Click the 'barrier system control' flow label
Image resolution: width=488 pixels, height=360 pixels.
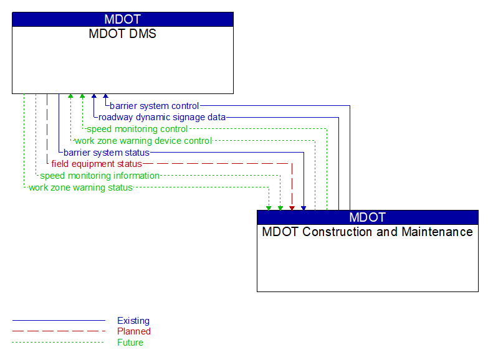coord(155,106)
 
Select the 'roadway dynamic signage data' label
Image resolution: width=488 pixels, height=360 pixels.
coord(162,117)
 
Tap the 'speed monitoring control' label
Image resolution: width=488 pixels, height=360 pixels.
coord(137,129)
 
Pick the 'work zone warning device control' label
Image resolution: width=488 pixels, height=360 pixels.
coord(143,141)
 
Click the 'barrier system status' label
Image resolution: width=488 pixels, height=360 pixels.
coord(107,153)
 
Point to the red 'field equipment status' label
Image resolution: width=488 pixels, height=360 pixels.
coord(97,164)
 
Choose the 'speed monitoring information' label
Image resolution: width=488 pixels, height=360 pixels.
coord(100,176)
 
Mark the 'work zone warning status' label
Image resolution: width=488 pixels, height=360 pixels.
coord(80,187)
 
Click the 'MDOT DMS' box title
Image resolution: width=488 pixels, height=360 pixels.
coord(123,34)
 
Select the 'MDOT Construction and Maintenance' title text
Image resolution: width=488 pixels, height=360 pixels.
coord(368,232)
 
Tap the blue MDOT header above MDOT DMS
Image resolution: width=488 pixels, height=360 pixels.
coord(123,19)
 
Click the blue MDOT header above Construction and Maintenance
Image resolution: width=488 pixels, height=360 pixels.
coord(368,217)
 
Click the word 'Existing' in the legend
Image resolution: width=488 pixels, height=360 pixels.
coord(133,321)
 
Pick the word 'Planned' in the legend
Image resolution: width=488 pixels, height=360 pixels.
coord(134,331)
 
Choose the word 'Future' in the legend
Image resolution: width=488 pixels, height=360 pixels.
coord(130,343)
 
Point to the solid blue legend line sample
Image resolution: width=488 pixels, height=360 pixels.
coord(59,321)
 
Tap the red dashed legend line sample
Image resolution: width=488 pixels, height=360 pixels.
coord(59,331)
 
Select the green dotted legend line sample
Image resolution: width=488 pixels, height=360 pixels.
coord(59,343)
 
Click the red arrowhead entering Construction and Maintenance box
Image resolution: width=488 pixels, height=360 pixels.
coord(292,207)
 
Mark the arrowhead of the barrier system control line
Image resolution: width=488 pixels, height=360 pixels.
coord(105,97)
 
